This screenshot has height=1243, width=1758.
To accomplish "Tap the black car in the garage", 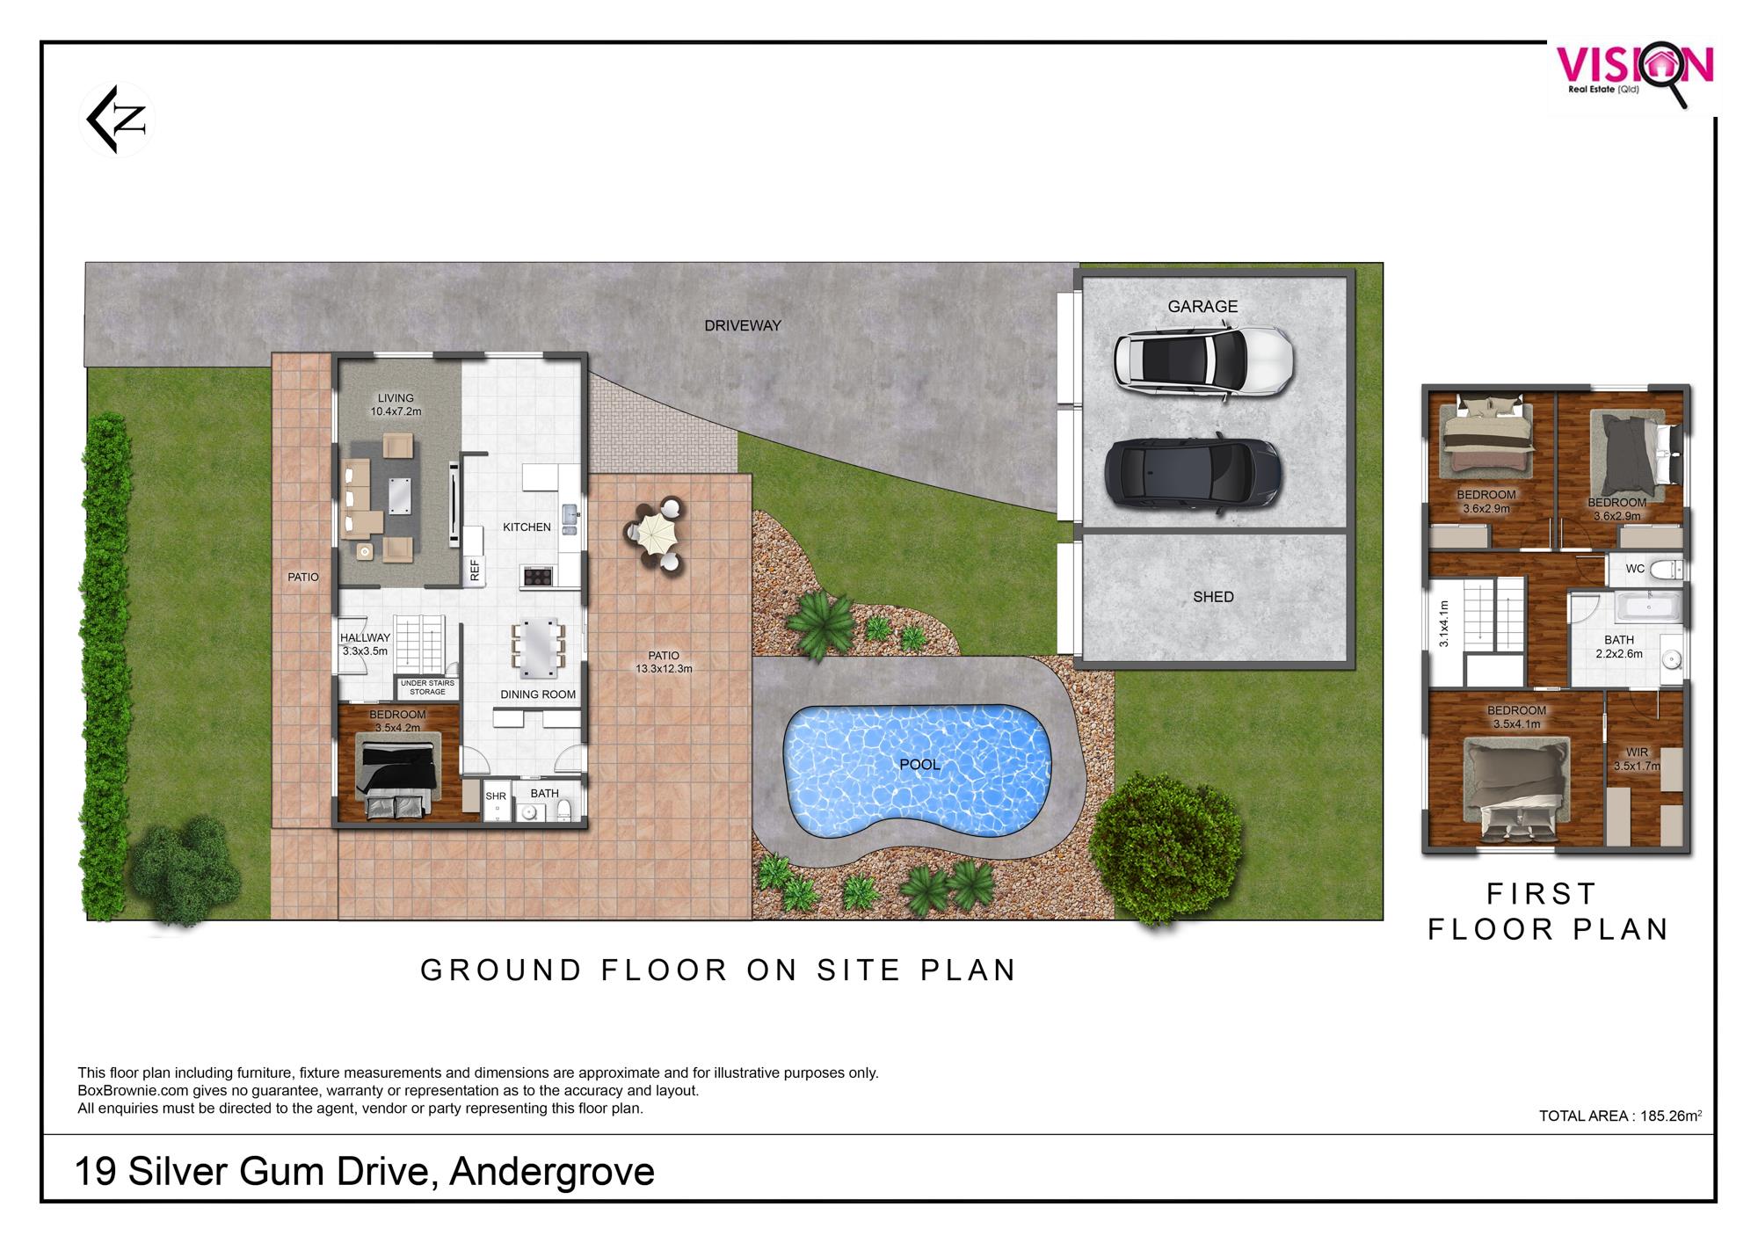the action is [1192, 473].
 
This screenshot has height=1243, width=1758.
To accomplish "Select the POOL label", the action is [919, 765].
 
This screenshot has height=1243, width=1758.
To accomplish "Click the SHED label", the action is [1213, 597].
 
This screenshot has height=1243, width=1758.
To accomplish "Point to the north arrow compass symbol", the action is [118, 120].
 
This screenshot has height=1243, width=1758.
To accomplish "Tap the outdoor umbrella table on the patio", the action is [653, 535].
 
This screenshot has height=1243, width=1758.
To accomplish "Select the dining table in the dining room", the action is [537, 649].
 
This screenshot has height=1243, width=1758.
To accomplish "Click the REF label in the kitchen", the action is [475, 571].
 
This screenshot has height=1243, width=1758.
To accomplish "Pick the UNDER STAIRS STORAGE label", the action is [428, 687].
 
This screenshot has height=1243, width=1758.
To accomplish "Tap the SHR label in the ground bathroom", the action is [496, 796].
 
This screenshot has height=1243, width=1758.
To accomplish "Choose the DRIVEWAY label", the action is [743, 325].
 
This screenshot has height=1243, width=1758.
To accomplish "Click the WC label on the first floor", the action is [1635, 569].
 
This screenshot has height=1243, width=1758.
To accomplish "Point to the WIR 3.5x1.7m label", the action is [1637, 760].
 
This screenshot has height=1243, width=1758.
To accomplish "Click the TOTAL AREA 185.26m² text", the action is [1620, 1116].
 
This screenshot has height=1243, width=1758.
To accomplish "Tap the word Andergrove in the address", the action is [552, 1172].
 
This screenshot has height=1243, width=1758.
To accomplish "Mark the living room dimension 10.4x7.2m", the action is [396, 411].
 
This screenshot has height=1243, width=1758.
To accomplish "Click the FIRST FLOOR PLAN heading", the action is [1547, 912].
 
